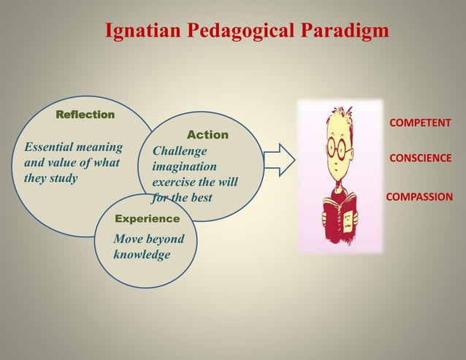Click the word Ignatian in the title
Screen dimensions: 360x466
(144, 31)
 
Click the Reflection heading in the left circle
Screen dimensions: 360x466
(85, 115)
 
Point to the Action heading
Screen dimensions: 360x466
(207, 135)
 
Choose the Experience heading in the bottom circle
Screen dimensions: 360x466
(147, 218)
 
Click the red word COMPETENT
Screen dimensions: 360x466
(420, 123)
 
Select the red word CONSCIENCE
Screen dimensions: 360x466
(420, 158)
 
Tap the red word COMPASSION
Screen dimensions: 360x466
(419, 196)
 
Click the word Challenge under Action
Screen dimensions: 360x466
(180, 151)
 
